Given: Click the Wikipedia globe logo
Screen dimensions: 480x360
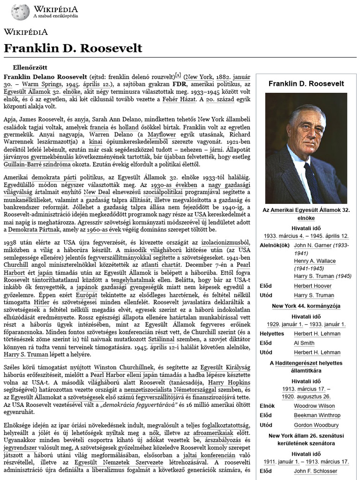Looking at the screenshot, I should coord(20,11).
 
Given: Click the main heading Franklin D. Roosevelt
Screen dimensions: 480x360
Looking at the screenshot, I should coord(73,48).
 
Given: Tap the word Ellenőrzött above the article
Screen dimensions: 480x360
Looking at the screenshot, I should coord(33,67).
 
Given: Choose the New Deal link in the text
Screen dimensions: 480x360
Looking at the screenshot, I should coord(111,193).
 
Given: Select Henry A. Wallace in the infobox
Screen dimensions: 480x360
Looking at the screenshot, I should coord(315,261).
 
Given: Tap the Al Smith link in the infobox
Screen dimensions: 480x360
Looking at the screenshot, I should coord(304,343).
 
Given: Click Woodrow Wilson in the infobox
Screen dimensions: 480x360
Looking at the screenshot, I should coord(314,406).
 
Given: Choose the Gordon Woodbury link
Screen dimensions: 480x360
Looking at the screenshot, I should coord(316,425).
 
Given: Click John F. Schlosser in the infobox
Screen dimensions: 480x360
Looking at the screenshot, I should coord(315,471).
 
